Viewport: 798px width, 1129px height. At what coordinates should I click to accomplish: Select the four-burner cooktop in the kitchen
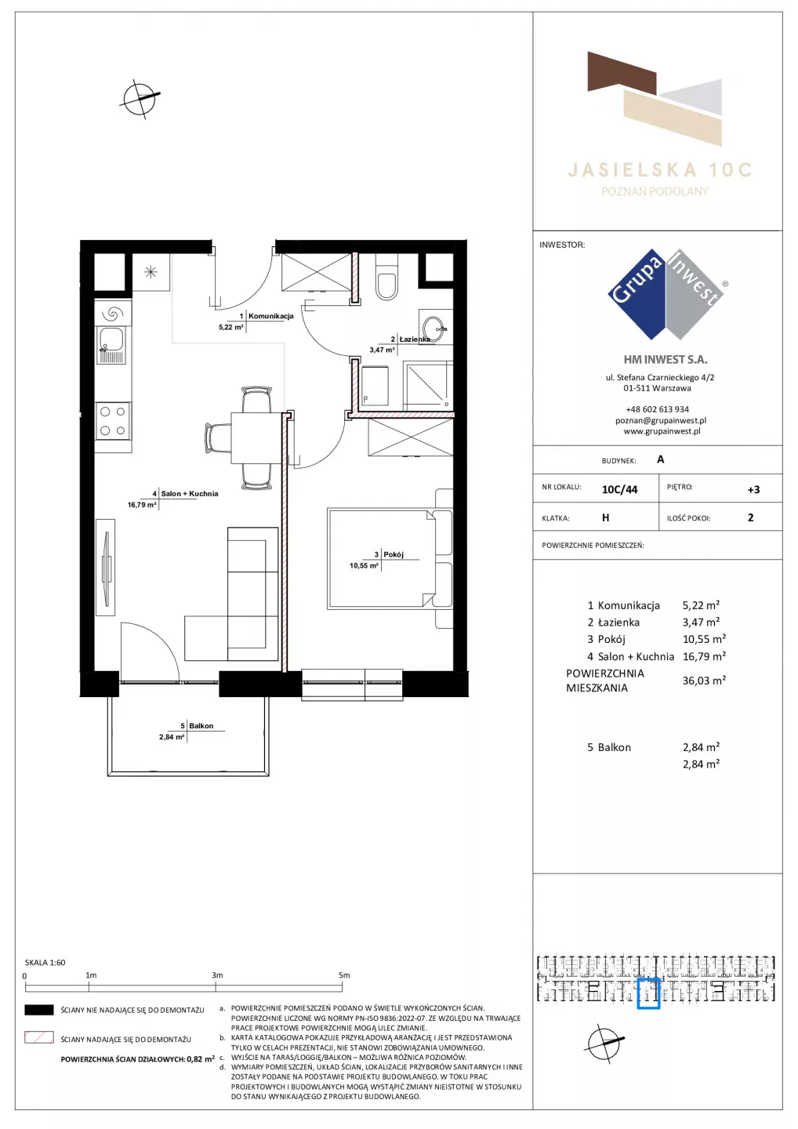113,420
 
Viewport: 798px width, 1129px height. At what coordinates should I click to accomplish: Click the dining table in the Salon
256,437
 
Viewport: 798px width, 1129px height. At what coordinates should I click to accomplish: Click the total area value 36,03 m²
704,680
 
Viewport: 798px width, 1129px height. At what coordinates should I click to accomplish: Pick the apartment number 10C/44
619,489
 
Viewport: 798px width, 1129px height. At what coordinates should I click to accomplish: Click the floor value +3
753,489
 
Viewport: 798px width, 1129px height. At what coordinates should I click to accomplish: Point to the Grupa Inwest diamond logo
666,294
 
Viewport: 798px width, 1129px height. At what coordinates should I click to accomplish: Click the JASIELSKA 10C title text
659,170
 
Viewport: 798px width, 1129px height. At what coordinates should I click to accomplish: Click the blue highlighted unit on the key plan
648,993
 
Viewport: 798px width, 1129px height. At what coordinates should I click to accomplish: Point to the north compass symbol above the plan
140,98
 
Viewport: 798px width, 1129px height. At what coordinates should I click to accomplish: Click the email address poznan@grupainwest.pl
661,420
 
